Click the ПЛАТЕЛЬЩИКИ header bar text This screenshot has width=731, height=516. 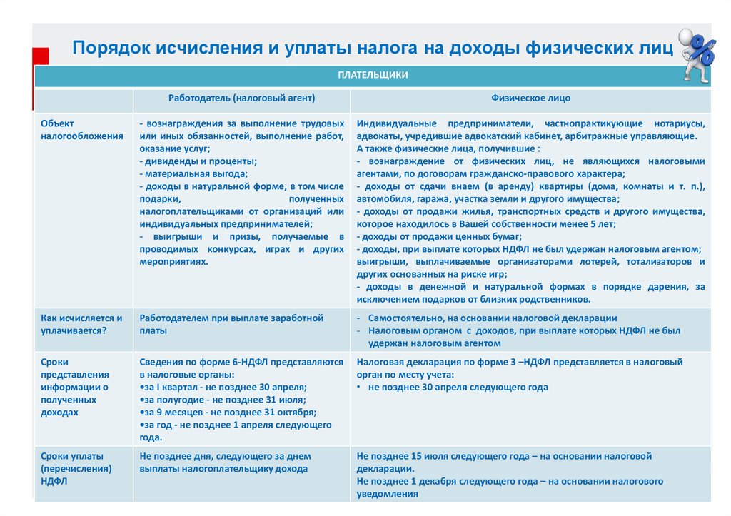372,74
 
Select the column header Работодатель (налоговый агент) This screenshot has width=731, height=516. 241,98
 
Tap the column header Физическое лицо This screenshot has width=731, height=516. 530,98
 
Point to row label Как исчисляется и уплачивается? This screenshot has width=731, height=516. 81,324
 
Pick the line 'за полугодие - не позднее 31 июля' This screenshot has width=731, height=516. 223,399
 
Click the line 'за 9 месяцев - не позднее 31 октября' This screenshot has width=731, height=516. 228,412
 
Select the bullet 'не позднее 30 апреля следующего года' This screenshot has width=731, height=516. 458,387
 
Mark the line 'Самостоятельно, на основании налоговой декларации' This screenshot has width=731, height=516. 493,318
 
